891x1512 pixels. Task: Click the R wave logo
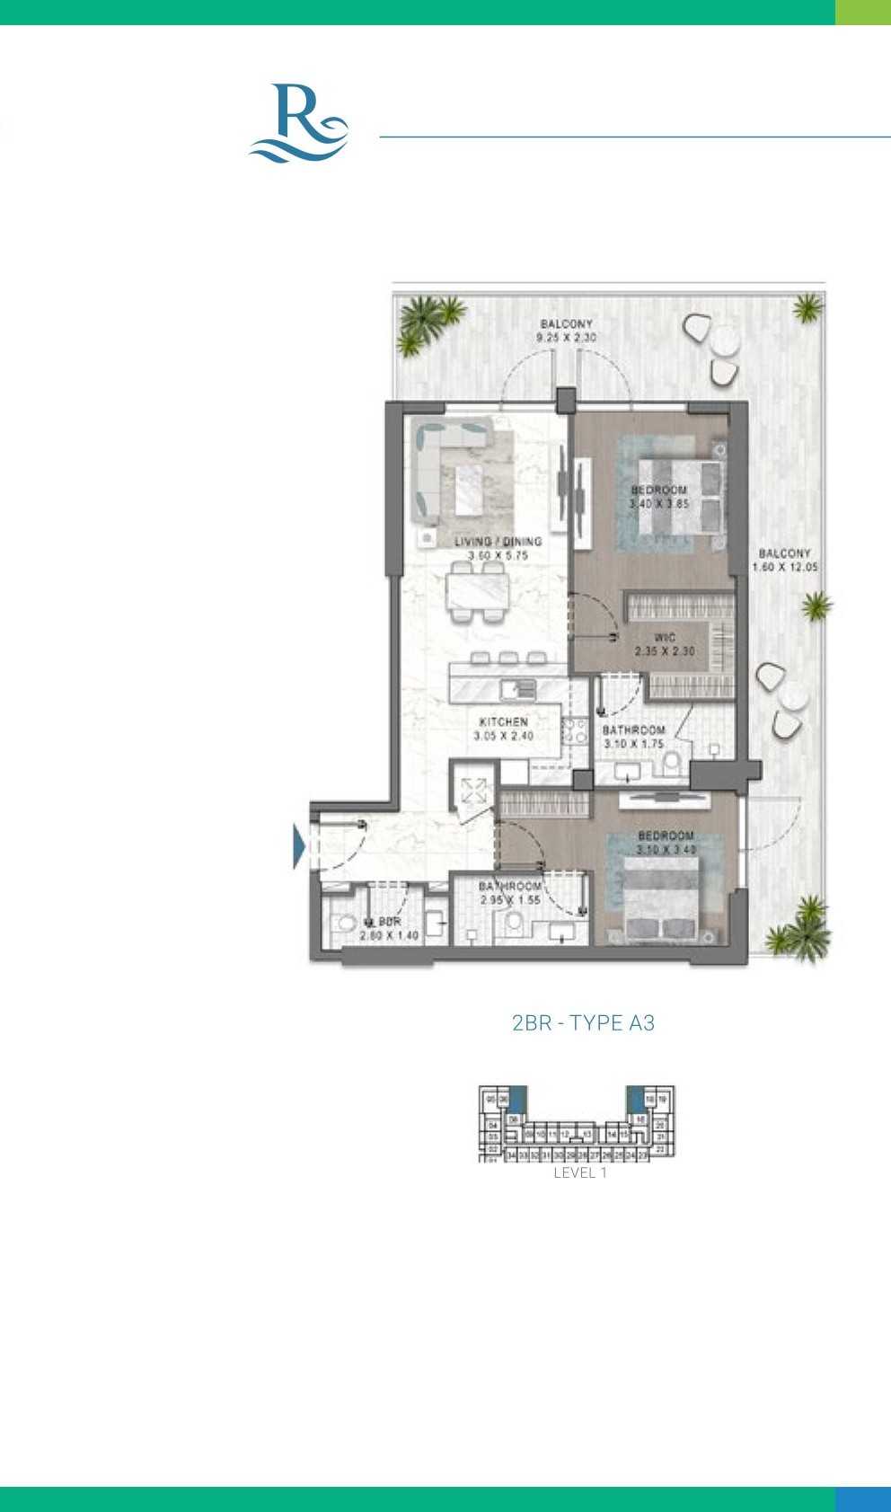(x=298, y=124)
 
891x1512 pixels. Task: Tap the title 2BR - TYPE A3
(x=583, y=1022)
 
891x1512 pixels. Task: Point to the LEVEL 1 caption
(x=580, y=1172)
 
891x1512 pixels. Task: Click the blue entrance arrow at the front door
(x=299, y=846)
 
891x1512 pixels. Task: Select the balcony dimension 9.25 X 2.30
(x=566, y=338)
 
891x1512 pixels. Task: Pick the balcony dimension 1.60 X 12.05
(x=785, y=568)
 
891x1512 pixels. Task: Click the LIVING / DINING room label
(x=498, y=542)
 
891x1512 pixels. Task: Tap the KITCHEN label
(x=504, y=721)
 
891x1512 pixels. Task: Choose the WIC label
(x=665, y=638)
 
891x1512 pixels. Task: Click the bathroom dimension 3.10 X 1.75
(x=633, y=744)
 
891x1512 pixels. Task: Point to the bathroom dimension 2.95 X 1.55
(x=510, y=899)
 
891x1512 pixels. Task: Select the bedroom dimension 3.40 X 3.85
(x=659, y=504)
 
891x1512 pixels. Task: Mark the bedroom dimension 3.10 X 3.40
(x=666, y=849)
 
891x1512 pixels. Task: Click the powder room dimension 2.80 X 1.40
(x=389, y=935)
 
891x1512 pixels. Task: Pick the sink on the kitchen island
(x=519, y=690)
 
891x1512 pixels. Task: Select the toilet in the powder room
(x=344, y=924)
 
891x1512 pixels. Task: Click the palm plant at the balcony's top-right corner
(x=807, y=309)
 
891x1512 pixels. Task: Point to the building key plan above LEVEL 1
(x=577, y=1123)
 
